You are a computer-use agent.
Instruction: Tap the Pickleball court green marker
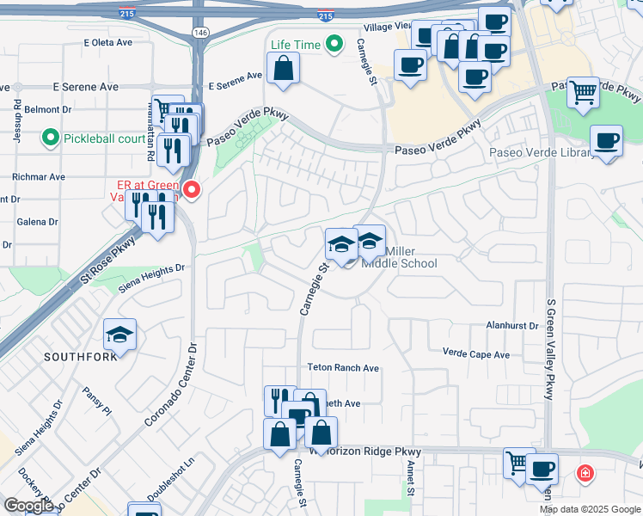(51, 138)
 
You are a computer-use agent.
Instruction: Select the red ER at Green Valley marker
(193, 189)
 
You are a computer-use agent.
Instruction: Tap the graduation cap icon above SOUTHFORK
(119, 334)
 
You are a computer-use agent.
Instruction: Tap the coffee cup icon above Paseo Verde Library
(607, 140)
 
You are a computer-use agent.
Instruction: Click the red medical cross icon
(585, 473)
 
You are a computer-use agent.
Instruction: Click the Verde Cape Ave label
(475, 353)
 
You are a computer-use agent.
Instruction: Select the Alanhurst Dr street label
(511, 326)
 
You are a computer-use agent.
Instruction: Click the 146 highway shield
(200, 32)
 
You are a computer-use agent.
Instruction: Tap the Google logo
(28, 506)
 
